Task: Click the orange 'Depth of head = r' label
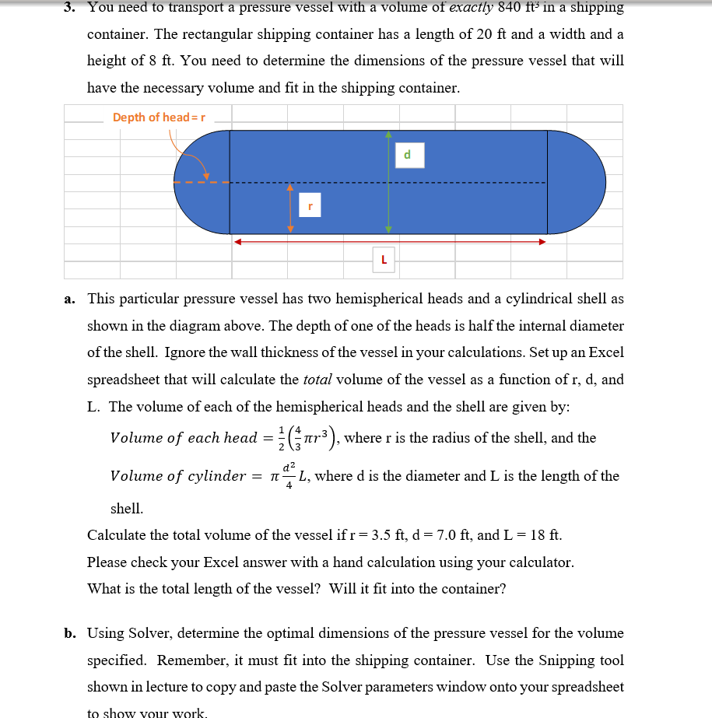coord(159,117)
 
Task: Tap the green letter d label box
coord(406,156)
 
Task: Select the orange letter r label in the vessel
coord(310,206)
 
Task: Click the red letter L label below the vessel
coord(384,261)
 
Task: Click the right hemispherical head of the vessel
coord(577,183)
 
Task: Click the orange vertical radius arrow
coord(290,208)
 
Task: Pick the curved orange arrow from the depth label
coord(191,156)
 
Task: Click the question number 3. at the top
coord(70,8)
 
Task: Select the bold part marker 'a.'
coord(70,299)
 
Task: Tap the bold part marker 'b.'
coord(70,633)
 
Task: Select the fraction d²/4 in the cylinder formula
coord(289,475)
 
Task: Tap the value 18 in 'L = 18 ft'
coord(537,535)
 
